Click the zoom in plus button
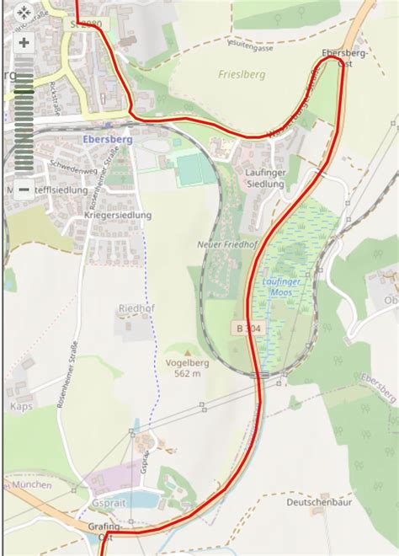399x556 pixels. [x=24, y=42]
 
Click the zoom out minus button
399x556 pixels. [x=24, y=190]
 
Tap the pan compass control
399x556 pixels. [x=24, y=13]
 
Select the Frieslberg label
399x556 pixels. [x=242, y=74]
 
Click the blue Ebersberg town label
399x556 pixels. [x=105, y=140]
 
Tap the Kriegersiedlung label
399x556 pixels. [x=118, y=216]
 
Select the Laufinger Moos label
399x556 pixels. [x=288, y=286]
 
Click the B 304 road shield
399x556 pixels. [x=245, y=327]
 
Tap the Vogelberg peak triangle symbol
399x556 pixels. [x=187, y=352]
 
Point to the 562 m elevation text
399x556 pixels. [x=187, y=373]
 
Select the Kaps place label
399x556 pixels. [x=21, y=406]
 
